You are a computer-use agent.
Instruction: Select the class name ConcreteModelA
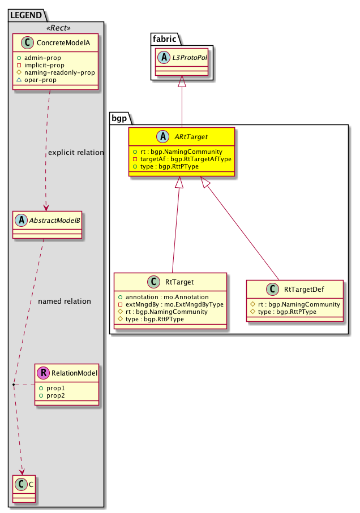click(x=63, y=44)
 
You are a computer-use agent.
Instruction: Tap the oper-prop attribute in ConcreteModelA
click(x=54, y=80)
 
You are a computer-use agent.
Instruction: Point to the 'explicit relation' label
click(x=76, y=153)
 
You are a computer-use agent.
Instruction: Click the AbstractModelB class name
click(x=54, y=221)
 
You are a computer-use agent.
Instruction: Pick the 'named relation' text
click(x=65, y=301)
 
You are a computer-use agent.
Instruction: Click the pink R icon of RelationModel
click(x=44, y=373)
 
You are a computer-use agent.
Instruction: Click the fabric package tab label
click(x=164, y=40)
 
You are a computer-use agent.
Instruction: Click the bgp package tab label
click(x=119, y=119)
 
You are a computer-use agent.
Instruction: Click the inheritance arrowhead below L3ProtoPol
click(x=182, y=83)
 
